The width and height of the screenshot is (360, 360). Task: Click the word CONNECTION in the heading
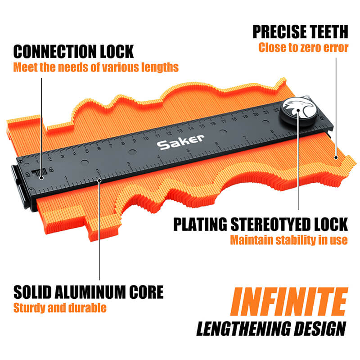pyautogui.click(x=55, y=51)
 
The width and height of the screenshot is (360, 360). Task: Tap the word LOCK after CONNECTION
pyautogui.click(x=117, y=51)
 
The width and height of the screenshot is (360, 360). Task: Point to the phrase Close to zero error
pyautogui.click(x=303, y=48)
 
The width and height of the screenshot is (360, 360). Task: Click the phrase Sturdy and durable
pyautogui.click(x=60, y=308)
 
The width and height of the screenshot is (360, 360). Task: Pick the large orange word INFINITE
pyautogui.click(x=289, y=301)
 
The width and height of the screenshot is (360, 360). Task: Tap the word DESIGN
pyautogui.click(x=320, y=328)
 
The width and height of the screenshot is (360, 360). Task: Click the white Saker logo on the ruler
pyautogui.click(x=180, y=142)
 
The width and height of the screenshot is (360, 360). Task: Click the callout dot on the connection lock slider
pyautogui.click(x=41, y=178)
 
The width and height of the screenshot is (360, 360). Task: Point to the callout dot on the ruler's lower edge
pyautogui.click(x=99, y=180)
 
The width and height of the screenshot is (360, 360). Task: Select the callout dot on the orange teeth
pyautogui.click(x=336, y=157)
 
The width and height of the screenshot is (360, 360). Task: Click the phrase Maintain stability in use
pyautogui.click(x=289, y=240)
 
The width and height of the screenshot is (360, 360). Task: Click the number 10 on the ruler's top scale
pyautogui.click(x=145, y=139)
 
